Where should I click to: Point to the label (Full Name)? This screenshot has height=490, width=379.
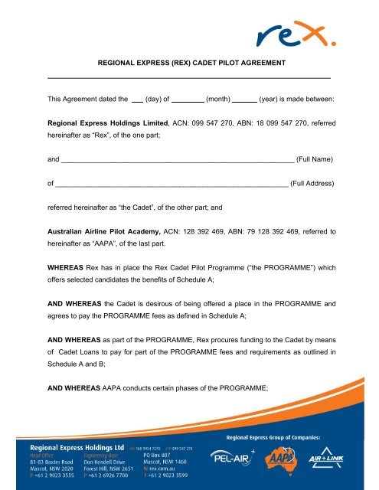315,159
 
